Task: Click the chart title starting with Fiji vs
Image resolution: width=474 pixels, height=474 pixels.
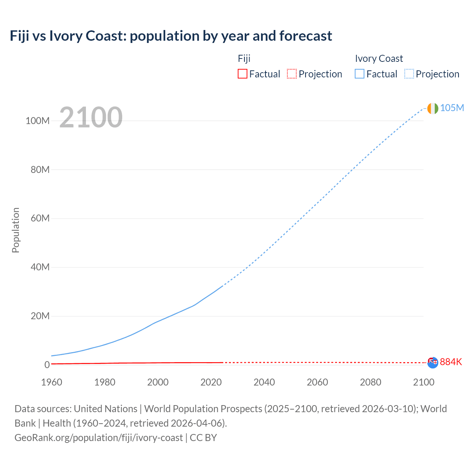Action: pos(171,36)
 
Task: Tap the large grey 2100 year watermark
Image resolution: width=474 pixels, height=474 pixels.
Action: pos(91,117)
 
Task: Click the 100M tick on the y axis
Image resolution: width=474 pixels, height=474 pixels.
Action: pos(38,121)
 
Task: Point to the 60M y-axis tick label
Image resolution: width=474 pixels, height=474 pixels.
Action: pos(40,218)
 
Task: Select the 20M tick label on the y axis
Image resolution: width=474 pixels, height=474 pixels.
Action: pos(40,316)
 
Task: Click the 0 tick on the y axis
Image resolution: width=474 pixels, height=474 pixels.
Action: pos(47,365)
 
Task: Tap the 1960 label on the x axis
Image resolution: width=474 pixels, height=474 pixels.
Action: pos(52,382)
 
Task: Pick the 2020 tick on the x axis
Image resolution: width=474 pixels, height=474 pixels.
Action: pos(211,382)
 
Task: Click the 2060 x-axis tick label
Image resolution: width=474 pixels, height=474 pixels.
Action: pos(317,382)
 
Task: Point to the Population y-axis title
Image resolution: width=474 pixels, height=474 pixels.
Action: pos(16,230)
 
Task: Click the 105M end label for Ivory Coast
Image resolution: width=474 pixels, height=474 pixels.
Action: pos(452,108)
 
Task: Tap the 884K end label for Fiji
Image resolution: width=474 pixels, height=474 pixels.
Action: pos(451,362)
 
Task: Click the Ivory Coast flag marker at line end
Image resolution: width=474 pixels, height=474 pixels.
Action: pos(433,109)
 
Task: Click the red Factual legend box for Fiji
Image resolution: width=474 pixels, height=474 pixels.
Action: pos(243,74)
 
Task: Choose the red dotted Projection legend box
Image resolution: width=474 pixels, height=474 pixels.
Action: pos(292,74)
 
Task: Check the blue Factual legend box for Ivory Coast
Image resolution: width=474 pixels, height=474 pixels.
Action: pos(360,74)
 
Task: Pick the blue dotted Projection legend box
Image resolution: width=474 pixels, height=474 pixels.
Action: pos(409,74)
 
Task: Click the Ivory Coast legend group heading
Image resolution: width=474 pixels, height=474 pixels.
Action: pos(379,59)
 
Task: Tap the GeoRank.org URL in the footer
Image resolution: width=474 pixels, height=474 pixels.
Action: pos(99,438)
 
